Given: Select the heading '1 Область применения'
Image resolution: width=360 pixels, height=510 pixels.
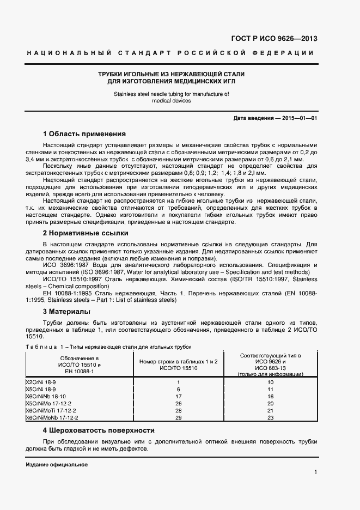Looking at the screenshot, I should (84, 133).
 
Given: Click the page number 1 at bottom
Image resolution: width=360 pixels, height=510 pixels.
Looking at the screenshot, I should (315, 472).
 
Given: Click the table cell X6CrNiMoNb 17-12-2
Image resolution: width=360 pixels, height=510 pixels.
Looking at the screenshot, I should (53, 417).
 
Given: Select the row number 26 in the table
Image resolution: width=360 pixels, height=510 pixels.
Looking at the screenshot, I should (178, 403).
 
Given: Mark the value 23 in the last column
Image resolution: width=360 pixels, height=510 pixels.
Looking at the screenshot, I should (270, 417).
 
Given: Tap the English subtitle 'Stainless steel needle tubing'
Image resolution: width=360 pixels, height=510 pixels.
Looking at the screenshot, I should (172, 94).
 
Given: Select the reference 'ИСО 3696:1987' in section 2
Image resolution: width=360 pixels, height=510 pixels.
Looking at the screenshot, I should (65, 265).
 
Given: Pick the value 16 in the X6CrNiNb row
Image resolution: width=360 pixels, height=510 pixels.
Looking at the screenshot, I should (270, 396).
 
